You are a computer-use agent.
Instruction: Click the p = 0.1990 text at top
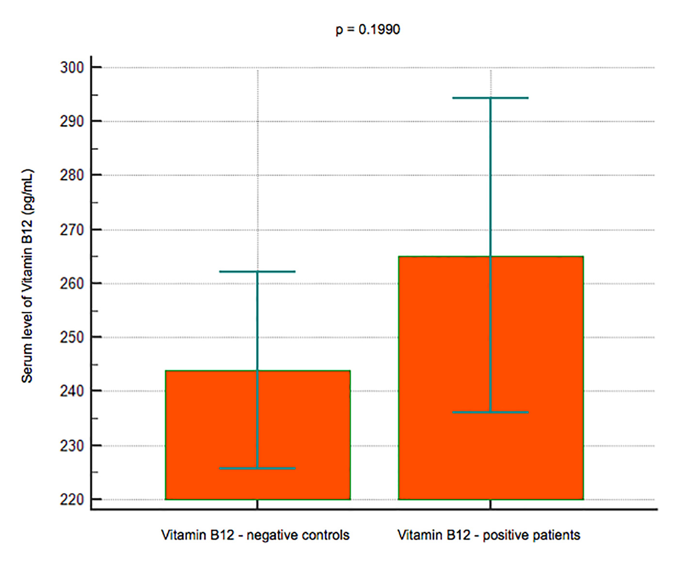[x=368, y=30]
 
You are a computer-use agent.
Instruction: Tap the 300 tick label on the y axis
[x=72, y=67]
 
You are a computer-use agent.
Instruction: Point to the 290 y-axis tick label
[x=72, y=121]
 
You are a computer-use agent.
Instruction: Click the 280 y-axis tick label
[x=72, y=175]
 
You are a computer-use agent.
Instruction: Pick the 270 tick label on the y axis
[x=72, y=230]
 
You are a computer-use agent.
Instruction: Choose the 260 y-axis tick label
[x=72, y=283]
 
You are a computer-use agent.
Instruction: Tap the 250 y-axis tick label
[x=72, y=337]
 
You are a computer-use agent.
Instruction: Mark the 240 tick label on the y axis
[x=72, y=391]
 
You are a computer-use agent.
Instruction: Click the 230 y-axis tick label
[x=72, y=445]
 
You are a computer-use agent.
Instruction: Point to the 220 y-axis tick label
[x=72, y=499]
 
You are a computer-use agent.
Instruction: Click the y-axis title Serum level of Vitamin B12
[x=27, y=276]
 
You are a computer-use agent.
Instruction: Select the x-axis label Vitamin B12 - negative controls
[x=255, y=535]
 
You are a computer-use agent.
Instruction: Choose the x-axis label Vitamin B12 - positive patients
[x=489, y=535]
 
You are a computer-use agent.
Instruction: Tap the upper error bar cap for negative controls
[x=257, y=272]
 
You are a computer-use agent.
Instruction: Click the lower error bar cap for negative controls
[x=257, y=469]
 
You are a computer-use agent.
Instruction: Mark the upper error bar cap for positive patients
[x=491, y=98]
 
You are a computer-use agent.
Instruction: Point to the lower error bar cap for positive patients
[x=491, y=412]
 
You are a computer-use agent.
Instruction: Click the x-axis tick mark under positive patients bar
[x=491, y=504]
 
